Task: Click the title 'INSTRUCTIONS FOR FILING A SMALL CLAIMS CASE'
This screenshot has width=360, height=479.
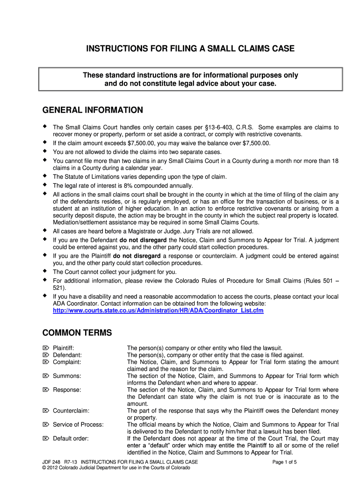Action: click(x=180, y=49)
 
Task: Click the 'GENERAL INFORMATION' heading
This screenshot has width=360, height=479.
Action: click(x=93, y=110)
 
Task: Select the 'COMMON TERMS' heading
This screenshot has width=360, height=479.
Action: click(x=77, y=333)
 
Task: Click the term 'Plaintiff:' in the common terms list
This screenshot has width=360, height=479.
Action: click(x=64, y=348)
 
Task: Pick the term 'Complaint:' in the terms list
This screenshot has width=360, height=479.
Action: click(x=67, y=362)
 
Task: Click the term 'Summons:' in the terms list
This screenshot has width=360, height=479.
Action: click(x=67, y=376)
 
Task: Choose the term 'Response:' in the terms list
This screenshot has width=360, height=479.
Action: click(x=67, y=390)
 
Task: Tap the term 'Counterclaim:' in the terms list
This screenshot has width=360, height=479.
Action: click(x=71, y=411)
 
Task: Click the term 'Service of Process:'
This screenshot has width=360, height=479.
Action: click(x=78, y=425)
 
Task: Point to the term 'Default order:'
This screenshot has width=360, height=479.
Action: click(x=71, y=439)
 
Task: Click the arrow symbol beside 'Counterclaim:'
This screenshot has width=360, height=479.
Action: click(x=45, y=411)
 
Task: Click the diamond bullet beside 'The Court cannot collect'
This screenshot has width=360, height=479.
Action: click(x=45, y=271)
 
